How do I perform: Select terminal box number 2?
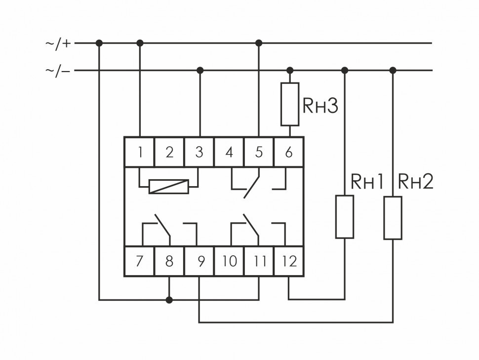point(169,152)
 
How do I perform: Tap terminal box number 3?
point(199,152)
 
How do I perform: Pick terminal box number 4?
point(229,152)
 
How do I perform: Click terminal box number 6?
point(289,152)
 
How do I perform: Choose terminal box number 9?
point(200,261)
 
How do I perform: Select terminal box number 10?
point(229,261)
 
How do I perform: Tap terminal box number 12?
point(289,261)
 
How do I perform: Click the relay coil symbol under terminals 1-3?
point(169,186)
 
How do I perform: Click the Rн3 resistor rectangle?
point(290,104)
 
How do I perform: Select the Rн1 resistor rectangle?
point(345,217)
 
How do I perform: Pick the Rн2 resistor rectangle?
point(393,218)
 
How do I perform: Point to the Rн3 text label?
point(320,106)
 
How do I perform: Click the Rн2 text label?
point(415,182)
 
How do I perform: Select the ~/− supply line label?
point(58,71)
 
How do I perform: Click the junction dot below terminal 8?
point(169,300)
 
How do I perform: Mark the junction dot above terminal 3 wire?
point(200,70)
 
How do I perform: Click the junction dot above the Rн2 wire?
point(393,70)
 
